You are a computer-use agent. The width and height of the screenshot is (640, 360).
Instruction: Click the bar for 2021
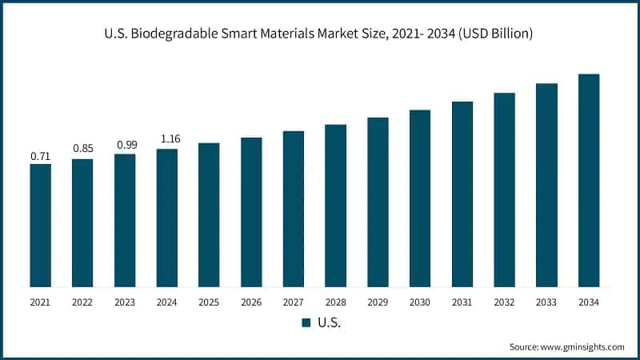(x=40, y=225)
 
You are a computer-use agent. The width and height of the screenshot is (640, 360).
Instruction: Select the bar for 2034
(x=589, y=180)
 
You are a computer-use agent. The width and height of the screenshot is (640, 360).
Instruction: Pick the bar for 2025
(x=209, y=214)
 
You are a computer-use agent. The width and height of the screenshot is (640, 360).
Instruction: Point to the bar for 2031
(x=462, y=194)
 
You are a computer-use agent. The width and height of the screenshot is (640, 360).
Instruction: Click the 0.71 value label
(x=40, y=156)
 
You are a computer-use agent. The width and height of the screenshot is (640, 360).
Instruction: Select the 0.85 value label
(x=82, y=148)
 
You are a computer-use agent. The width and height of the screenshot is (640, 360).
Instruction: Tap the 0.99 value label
(x=125, y=144)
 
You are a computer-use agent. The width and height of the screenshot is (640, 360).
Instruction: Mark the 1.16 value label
(x=166, y=139)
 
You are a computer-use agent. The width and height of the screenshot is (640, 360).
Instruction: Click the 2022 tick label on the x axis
(x=82, y=302)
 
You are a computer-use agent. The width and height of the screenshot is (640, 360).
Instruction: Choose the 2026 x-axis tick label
(x=251, y=302)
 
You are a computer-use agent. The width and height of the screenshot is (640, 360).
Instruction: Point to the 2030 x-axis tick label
(x=420, y=302)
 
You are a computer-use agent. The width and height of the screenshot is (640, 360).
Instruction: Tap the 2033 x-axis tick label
(x=546, y=302)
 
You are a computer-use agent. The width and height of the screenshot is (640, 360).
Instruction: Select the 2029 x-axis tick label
(x=378, y=302)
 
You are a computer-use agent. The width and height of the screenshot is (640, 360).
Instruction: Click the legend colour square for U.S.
(x=305, y=322)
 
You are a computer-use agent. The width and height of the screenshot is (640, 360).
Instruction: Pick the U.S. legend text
(x=327, y=322)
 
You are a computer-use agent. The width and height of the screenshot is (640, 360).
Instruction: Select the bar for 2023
(x=125, y=220)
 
